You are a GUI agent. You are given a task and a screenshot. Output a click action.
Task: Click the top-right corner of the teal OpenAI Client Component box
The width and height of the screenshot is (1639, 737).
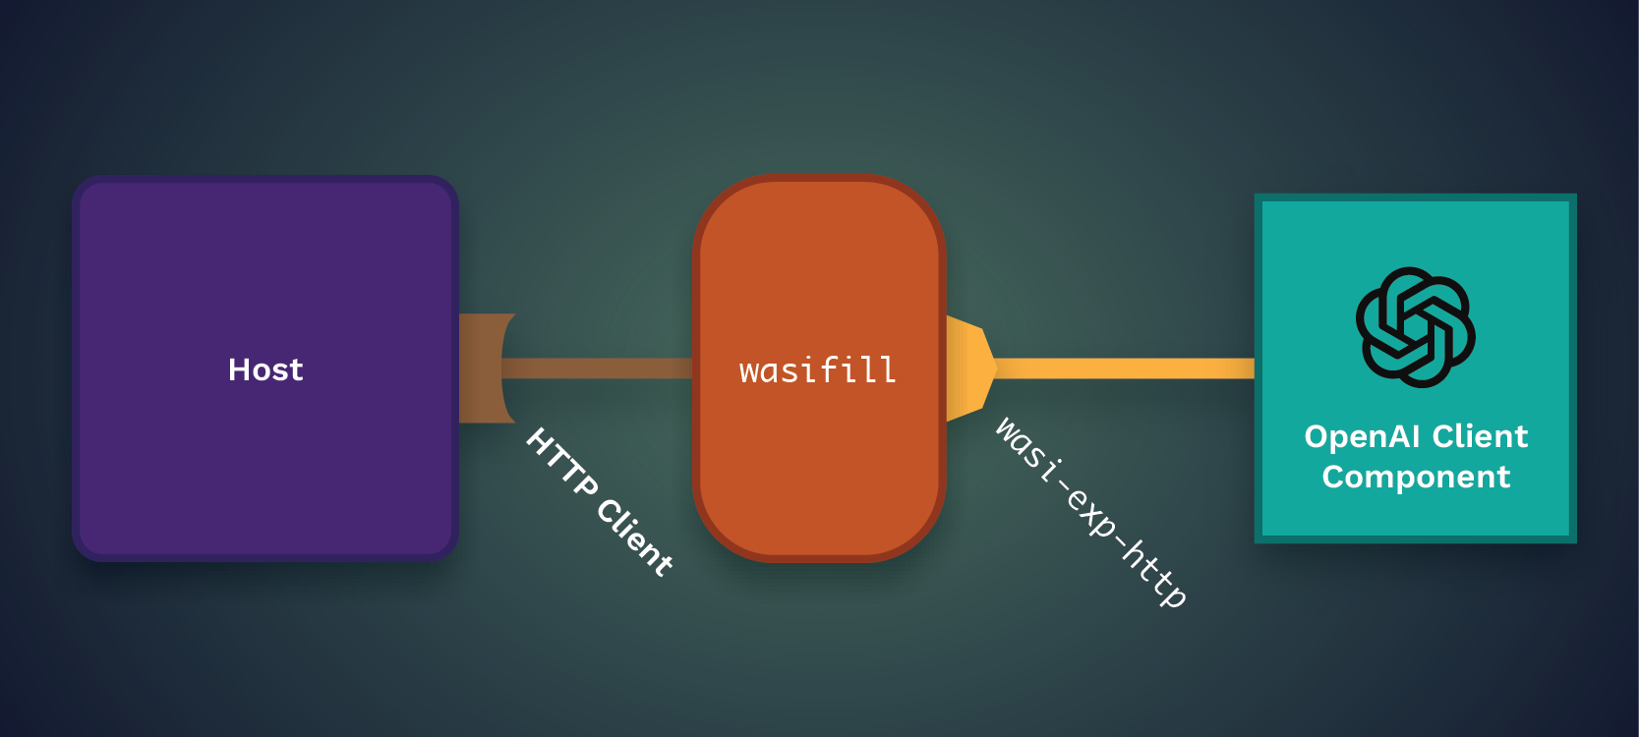(1576, 195)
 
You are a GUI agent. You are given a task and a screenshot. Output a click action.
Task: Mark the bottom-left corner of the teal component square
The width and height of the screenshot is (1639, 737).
(1255, 543)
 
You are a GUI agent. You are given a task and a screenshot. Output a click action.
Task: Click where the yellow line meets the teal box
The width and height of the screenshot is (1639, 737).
(1255, 368)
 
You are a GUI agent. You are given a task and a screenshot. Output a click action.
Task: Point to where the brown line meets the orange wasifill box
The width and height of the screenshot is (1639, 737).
(693, 368)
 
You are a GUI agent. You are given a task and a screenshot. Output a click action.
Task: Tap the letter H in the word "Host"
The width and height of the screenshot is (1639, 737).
(239, 369)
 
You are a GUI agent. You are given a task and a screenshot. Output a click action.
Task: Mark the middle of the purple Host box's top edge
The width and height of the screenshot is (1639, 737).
(265, 176)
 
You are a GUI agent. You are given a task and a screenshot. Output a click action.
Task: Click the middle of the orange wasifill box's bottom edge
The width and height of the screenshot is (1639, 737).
(820, 562)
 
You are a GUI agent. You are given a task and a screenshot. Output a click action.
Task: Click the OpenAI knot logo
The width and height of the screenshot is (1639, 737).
(1416, 327)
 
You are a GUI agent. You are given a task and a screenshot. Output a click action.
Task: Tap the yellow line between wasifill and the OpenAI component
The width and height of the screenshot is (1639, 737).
(1126, 368)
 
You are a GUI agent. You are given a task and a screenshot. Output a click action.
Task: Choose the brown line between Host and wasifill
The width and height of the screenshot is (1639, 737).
(597, 368)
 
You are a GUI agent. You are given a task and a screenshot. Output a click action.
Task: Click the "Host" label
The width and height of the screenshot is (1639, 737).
(265, 369)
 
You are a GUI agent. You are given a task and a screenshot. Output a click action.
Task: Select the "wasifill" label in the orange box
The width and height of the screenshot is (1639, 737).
(818, 370)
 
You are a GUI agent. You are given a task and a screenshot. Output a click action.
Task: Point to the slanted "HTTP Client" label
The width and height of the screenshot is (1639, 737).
(599, 502)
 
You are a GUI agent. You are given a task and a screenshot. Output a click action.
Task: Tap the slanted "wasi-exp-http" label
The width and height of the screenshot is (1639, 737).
(1090, 512)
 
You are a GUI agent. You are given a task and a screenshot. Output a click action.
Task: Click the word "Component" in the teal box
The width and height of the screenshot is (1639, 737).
(1417, 478)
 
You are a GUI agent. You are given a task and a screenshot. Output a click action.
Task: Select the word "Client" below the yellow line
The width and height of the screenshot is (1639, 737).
(1481, 437)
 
